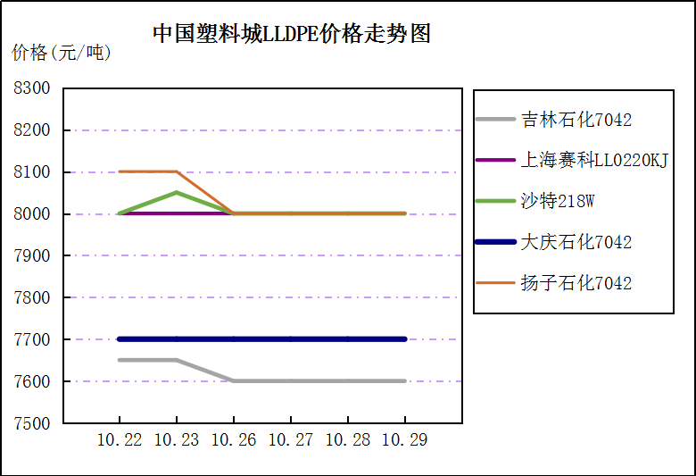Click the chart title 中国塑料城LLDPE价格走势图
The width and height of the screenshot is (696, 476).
[x=291, y=34]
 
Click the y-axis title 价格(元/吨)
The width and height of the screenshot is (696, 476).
[x=62, y=54]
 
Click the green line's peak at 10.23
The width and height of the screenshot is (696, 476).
[x=177, y=192]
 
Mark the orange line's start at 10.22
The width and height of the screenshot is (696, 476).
[x=120, y=171]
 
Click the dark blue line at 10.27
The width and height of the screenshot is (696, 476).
[x=291, y=339]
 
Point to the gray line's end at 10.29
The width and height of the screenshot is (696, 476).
[x=405, y=380]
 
